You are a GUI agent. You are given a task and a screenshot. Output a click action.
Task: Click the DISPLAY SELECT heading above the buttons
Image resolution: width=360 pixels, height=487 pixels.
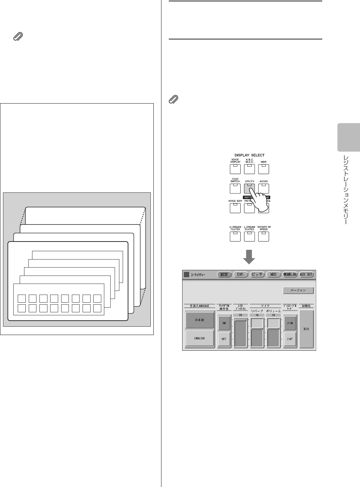pyautogui.click(x=249, y=155)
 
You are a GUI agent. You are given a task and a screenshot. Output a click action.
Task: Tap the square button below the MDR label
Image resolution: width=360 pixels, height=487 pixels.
pyautogui.click(x=264, y=169)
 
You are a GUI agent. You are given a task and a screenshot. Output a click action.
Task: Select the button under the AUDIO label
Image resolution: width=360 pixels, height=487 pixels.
pyautogui.click(x=264, y=189)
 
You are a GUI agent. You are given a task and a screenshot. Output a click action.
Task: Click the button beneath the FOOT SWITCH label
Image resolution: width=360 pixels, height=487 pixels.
pyautogui.click(x=235, y=189)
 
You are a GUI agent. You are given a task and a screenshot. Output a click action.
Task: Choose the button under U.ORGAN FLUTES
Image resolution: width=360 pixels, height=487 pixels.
pyautogui.click(x=235, y=236)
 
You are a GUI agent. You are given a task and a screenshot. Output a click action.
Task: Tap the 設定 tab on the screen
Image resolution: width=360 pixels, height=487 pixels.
pyautogui.click(x=224, y=275)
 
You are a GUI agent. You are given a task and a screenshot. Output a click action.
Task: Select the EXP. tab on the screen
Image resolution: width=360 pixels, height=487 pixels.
pyautogui.click(x=240, y=275)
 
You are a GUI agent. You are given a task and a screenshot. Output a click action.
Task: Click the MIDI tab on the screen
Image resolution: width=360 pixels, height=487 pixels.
pyautogui.click(x=273, y=275)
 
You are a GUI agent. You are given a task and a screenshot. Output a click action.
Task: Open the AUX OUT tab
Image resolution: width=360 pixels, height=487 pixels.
pyautogui.click(x=306, y=275)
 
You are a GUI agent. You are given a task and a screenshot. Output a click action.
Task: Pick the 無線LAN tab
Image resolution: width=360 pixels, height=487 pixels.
pyautogui.click(x=290, y=275)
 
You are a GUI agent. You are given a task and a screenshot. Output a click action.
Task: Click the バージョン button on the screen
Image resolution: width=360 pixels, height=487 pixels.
pyautogui.click(x=298, y=290)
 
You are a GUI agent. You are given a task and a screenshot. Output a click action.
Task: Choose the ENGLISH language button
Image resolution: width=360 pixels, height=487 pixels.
pyautogui.click(x=200, y=338)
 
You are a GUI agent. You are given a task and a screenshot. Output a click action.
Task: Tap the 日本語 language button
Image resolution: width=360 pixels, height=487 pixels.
pyautogui.click(x=200, y=320)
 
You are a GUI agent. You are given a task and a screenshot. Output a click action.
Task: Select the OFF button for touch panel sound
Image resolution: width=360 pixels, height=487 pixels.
pyautogui.click(x=224, y=339)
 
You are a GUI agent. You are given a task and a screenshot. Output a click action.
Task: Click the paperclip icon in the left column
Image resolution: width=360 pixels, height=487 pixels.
pyautogui.click(x=18, y=36)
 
